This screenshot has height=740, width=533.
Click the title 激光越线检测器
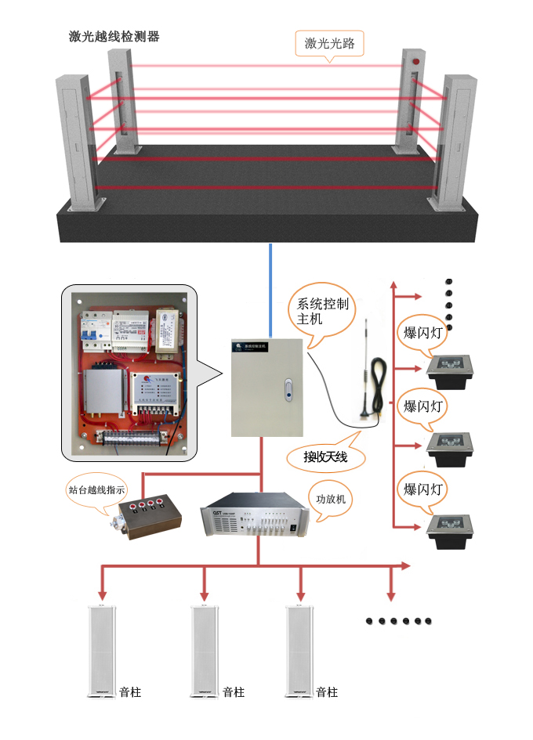(114, 38)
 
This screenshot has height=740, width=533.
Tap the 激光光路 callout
(330, 43)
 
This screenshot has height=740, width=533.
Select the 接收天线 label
(325, 457)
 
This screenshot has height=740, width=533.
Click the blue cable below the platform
(270, 290)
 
